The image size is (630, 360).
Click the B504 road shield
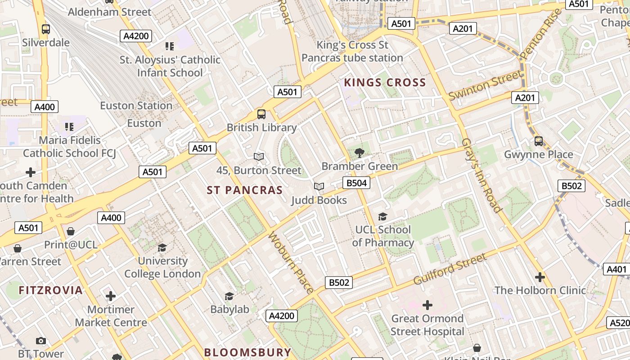pyautogui.click(x=356, y=182)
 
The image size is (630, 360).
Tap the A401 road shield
pyautogui.click(x=616, y=269)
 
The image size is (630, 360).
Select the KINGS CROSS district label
pyautogui.click(x=385, y=83)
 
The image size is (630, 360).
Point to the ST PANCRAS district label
pyautogui.click(x=245, y=190)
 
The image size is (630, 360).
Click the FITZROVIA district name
pyautogui.click(x=51, y=290)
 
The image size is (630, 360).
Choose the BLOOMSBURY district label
pyautogui.click(x=247, y=352)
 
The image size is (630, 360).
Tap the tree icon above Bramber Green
pyautogui.click(x=359, y=153)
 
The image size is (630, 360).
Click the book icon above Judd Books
pyautogui.click(x=319, y=186)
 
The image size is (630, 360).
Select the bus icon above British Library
pyautogui.click(x=261, y=114)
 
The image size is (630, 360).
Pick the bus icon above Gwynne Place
pyautogui.click(x=539, y=141)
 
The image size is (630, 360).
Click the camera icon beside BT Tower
pyautogui.click(x=41, y=341)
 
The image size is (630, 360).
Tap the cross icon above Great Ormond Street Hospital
pyautogui.click(x=427, y=306)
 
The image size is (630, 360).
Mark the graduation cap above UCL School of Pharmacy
pyautogui.click(x=382, y=217)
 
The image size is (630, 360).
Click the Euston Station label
pyautogui.click(x=136, y=106)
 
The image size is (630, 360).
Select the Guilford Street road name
pyautogui.click(x=450, y=269)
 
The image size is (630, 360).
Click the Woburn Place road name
pyautogui.click(x=291, y=263)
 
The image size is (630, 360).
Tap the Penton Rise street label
pyautogui.click(x=541, y=34)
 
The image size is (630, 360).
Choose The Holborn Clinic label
pyautogui.click(x=540, y=290)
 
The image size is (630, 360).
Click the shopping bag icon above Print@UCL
pyautogui.click(x=71, y=231)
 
